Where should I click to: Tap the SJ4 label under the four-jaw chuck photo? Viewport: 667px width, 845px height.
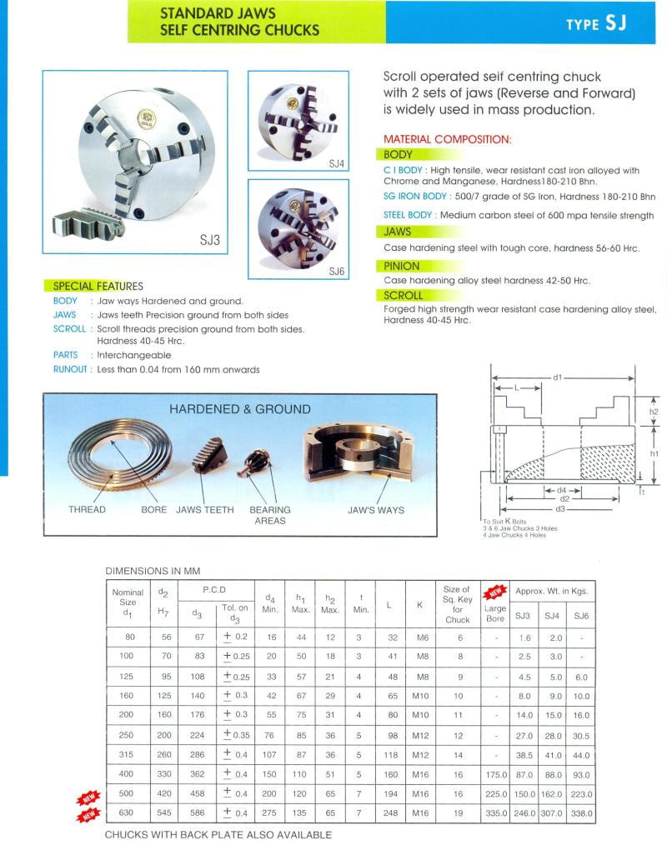[x=337, y=163]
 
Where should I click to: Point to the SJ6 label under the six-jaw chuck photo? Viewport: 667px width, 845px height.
[x=336, y=271]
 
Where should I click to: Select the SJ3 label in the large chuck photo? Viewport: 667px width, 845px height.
[x=209, y=241]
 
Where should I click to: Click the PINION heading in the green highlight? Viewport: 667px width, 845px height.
[x=402, y=266]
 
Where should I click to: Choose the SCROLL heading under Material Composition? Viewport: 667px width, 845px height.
[x=404, y=295]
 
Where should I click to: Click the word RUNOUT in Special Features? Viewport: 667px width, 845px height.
[x=71, y=369]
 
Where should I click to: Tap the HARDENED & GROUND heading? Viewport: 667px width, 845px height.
[x=240, y=409]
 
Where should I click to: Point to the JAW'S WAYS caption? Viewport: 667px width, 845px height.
[x=375, y=510]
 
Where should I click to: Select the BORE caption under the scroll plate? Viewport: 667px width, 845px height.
[x=153, y=510]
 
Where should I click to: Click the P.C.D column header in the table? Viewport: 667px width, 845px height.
[x=215, y=590]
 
